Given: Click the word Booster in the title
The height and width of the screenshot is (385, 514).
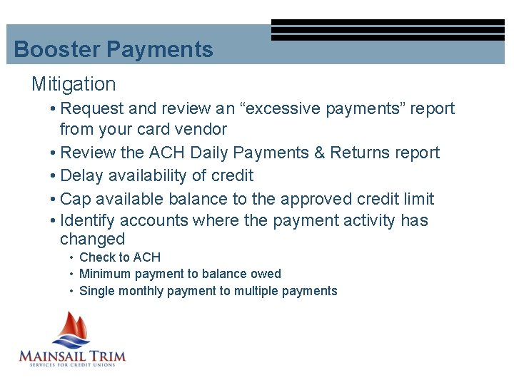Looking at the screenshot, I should [x=57, y=50].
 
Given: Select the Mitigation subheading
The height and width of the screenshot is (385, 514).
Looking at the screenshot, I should [x=74, y=84].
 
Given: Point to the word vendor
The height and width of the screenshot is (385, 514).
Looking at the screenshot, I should [x=203, y=129].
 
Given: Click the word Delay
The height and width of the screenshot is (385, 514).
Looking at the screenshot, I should [x=82, y=175].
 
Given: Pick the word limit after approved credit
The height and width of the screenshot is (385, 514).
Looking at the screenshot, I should [x=416, y=199].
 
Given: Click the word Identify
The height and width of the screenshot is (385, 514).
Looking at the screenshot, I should [x=91, y=220].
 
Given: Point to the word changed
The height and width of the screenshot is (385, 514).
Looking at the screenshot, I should [x=92, y=240].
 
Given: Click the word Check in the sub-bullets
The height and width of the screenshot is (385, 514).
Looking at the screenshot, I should [x=96, y=257].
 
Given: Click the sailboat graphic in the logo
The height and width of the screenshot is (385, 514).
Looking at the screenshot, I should [x=71, y=329].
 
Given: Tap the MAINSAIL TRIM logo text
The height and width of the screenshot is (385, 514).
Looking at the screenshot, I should [x=71, y=355].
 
